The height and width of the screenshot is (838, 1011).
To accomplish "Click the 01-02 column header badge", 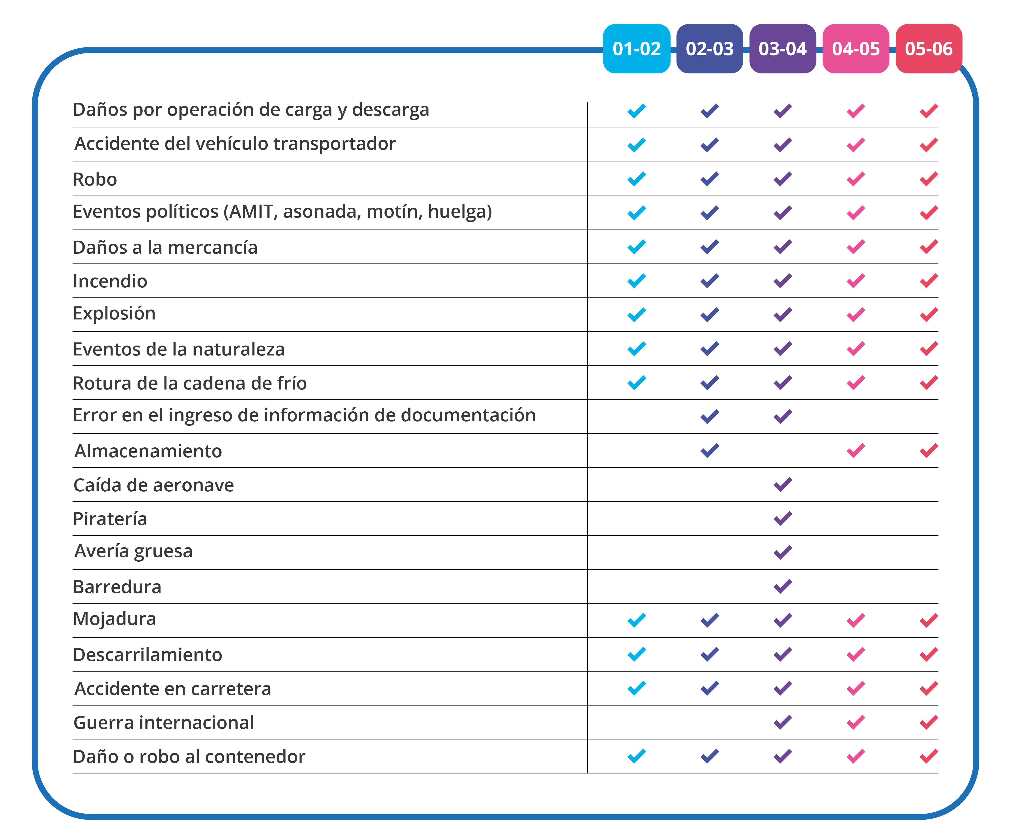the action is (x=636, y=49).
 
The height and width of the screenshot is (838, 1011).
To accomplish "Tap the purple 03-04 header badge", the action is (x=783, y=49).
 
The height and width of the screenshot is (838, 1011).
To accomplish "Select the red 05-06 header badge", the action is (x=929, y=49).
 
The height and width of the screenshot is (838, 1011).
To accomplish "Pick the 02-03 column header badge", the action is (x=710, y=49).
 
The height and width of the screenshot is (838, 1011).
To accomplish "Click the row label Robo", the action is (x=95, y=179).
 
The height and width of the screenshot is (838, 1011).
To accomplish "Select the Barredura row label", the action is (x=117, y=587).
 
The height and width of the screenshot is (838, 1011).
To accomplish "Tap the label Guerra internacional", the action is (x=164, y=722).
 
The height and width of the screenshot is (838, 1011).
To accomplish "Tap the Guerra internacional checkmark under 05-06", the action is (x=929, y=722).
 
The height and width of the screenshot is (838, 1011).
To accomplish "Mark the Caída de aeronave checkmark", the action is (x=783, y=485).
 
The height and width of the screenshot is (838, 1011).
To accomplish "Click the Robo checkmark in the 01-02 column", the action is (x=636, y=179).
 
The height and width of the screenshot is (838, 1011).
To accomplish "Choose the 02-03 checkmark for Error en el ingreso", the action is (x=710, y=417).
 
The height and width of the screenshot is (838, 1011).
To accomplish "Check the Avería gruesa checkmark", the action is (x=783, y=552).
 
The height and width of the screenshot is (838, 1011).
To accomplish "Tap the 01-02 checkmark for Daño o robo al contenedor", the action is (x=636, y=756).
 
